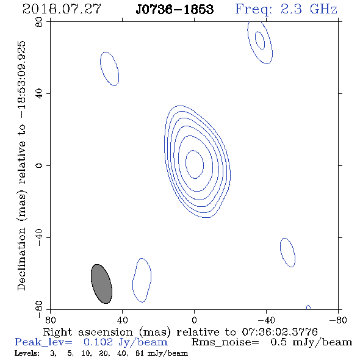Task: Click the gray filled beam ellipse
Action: (101, 284)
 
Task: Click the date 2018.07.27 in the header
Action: (62, 9)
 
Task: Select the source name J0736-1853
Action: (175, 9)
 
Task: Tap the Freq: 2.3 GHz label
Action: (286, 9)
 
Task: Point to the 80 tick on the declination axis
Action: (39, 22)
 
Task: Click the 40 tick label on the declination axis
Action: (39, 94)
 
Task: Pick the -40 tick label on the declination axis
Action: (39, 237)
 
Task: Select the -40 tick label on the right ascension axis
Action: (266, 320)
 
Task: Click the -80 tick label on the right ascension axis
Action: (338, 320)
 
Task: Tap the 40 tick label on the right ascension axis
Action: (122, 320)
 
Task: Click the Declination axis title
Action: (21, 166)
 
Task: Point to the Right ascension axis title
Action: (181, 332)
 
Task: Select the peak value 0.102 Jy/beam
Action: (125, 342)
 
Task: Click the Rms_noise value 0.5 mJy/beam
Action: (311, 342)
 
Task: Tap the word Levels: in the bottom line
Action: (27, 353)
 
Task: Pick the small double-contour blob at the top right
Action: (260, 42)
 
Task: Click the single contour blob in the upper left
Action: (109, 69)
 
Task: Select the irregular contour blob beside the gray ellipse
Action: (142, 280)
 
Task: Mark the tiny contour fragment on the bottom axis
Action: (309, 308)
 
